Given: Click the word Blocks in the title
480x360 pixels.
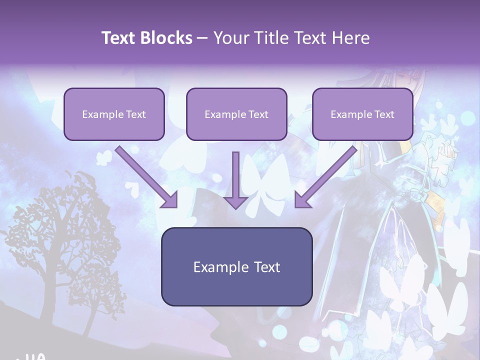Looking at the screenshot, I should tap(167, 38).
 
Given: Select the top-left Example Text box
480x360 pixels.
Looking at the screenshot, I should tap(114, 114).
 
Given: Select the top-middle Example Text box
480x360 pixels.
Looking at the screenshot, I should tap(236, 114).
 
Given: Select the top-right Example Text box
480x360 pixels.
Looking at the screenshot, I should tap(362, 114).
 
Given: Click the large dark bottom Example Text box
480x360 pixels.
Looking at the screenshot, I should tap(236, 266).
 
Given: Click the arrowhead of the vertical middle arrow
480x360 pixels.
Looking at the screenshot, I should tap(235, 202).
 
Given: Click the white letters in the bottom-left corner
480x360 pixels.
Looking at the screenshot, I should tap(35, 356).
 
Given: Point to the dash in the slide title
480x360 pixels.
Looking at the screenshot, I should tap(202, 38).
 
